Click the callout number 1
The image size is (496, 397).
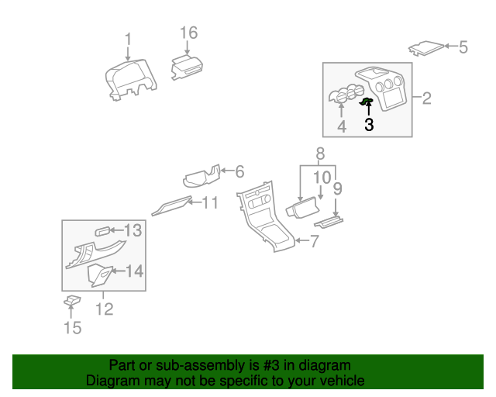tap(129, 39)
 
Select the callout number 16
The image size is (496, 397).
tap(189, 33)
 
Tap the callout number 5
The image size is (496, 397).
tap(463, 47)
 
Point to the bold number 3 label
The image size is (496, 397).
tap(369, 124)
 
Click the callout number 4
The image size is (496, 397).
tap(342, 125)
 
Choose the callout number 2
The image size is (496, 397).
tap(426, 98)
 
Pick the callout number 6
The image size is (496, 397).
tap(239, 171)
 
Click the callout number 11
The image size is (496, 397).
tap(210, 203)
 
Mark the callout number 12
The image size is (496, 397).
tap(104, 309)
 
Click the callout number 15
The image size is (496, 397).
tap(71, 328)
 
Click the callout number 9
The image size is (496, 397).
tap(337, 188)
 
